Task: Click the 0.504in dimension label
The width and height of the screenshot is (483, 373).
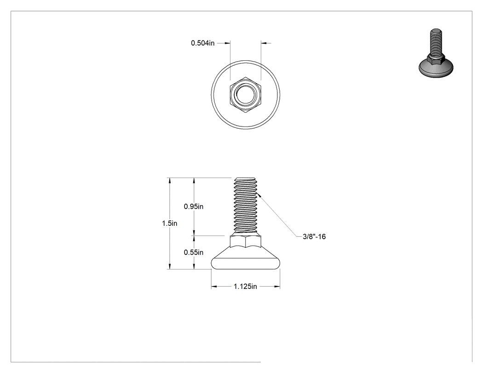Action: point(202,43)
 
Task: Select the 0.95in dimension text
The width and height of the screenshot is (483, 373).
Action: point(194,207)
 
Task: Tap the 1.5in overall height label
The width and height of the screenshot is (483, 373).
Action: point(169,224)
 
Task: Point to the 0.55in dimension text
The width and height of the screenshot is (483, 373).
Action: point(194,252)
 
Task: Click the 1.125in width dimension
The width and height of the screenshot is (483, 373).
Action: point(245,287)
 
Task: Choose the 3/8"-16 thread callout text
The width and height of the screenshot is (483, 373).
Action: point(314,236)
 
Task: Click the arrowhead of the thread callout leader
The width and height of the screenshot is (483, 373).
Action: point(259,195)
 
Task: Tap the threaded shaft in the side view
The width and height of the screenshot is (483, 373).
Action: point(246,206)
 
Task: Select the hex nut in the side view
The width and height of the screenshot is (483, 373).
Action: point(246,241)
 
